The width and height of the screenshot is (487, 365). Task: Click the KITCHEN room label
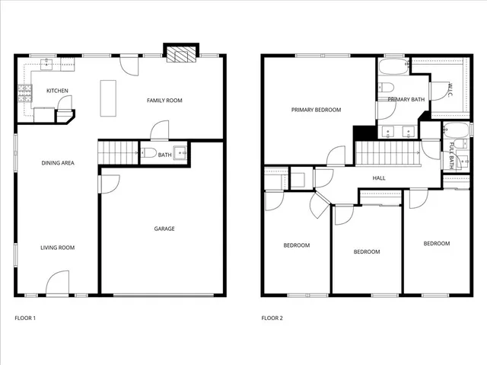[x=57, y=91]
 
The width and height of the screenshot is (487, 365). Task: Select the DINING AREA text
[x=57, y=163]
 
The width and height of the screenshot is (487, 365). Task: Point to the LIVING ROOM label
[x=57, y=248]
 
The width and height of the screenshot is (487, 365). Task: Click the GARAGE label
[x=164, y=229]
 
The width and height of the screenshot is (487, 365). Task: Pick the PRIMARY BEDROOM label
[x=316, y=110]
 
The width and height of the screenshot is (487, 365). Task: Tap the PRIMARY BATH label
[x=406, y=100]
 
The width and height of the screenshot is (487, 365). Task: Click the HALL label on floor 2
[x=378, y=178]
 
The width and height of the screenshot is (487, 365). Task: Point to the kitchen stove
[x=24, y=93]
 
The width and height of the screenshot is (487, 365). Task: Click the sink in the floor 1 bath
[x=180, y=152]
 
